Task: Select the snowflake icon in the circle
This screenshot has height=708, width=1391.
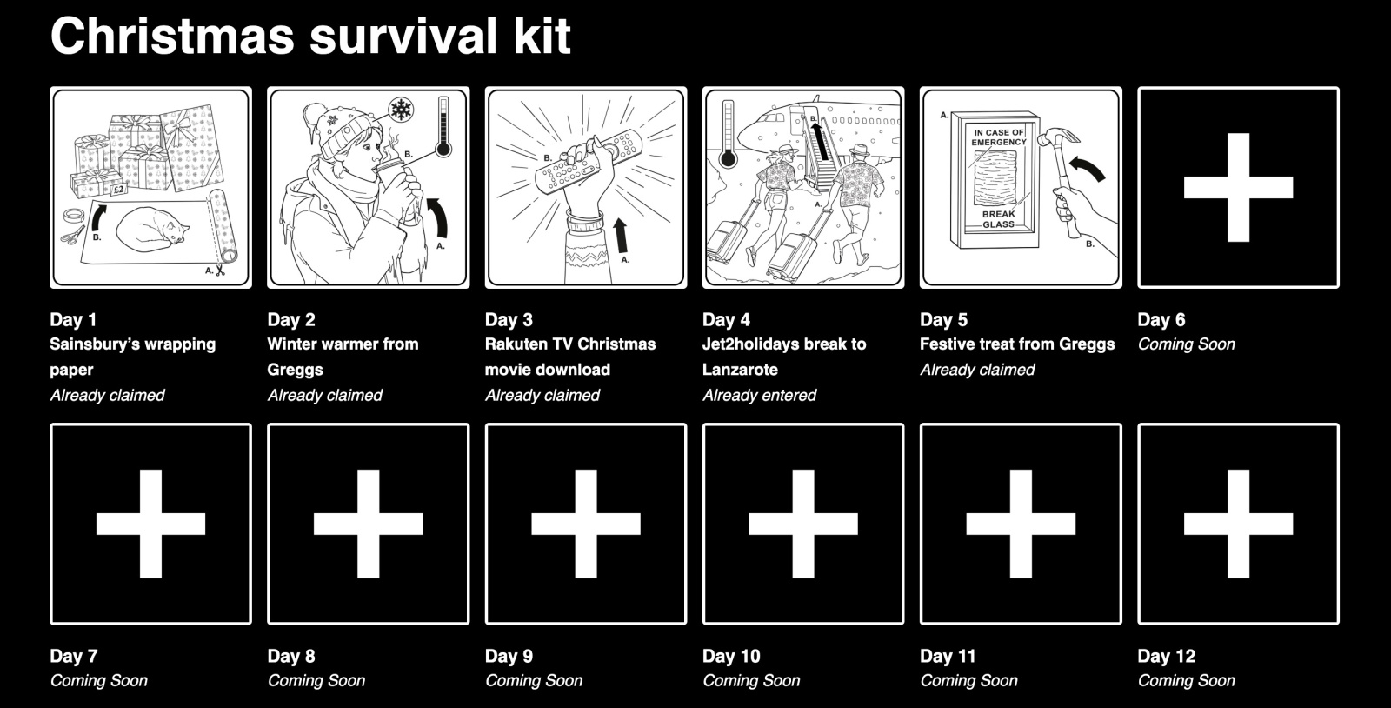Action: tap(400, 110)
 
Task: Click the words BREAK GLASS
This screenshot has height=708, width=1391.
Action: tap(998, 219)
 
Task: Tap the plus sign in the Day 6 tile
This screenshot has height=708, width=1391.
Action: tap(1238, 187)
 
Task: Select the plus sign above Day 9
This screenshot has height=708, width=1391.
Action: tap(585, 524)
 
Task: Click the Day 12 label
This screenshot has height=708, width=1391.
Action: tap(1166, 656)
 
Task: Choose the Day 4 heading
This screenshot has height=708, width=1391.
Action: tap(726, 319)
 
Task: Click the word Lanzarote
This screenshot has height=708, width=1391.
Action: tap(740, 369)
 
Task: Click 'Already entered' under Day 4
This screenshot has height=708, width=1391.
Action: tap(759, 395)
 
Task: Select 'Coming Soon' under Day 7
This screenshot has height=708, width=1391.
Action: tap(98, 680)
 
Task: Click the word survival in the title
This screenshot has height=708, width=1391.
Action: tap(397, 36)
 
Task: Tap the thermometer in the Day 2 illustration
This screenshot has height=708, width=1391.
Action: tap(443, 126)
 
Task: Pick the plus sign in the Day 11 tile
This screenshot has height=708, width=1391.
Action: tap(1021, 524)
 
